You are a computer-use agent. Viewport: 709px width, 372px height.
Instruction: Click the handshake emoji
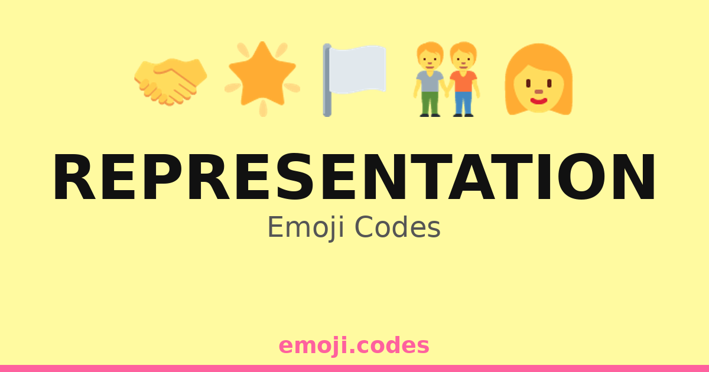click(171, 81)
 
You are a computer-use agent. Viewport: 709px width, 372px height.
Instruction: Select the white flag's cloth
click(357, 70)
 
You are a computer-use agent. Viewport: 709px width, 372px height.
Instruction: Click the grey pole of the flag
click(327, 80)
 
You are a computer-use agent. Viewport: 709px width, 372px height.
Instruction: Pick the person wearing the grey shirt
click(430, 79)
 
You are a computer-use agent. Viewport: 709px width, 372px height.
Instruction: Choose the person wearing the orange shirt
click(463, 79)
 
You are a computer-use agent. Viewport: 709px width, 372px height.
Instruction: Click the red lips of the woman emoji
click(539, 101)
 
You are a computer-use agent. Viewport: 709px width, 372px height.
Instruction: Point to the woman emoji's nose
click(539, 92)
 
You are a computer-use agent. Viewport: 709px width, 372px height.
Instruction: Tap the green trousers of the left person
click(430, 103)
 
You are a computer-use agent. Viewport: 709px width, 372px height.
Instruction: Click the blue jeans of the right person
click(463, 103)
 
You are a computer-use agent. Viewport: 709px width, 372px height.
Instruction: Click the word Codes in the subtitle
click(398, 227)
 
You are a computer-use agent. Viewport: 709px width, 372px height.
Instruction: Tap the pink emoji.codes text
click(354, 346)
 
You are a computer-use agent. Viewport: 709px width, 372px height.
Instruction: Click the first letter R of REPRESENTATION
click(74, 177)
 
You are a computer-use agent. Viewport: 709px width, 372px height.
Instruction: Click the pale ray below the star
click(263, 108)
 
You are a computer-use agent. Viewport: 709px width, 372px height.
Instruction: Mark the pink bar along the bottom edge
click(354, 368)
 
